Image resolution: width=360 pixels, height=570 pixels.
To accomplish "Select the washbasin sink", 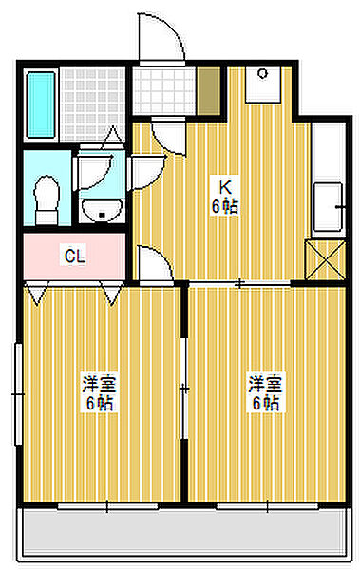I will (x=97, y=208).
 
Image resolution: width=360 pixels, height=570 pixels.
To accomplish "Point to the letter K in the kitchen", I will (x=226, y=185).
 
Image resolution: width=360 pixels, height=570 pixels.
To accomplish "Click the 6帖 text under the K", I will (x=226, y=205).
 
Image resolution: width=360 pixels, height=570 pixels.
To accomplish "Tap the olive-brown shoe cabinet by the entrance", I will (x=208, y=90).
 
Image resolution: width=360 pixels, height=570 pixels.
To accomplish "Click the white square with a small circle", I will (x=261, y=84).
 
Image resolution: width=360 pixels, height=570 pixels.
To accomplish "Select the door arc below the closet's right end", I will (x=152, y=261).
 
